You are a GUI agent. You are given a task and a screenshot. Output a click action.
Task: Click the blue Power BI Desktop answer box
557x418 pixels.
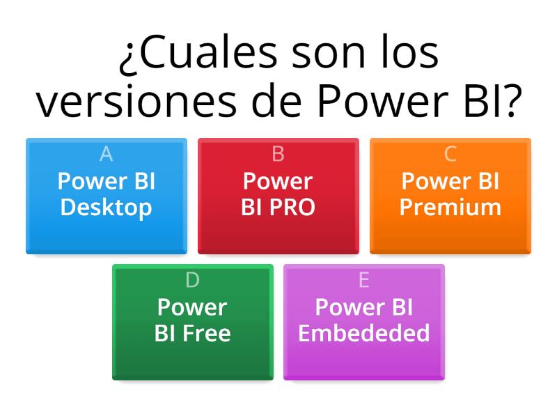106,196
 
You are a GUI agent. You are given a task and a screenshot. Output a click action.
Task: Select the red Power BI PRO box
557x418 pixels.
278,196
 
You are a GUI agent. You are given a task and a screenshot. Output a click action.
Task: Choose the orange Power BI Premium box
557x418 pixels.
450,196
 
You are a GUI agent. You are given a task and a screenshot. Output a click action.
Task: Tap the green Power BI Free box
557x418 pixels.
192,322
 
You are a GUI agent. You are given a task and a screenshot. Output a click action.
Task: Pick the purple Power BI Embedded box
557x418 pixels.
363,322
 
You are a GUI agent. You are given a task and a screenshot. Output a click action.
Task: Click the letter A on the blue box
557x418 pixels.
106,154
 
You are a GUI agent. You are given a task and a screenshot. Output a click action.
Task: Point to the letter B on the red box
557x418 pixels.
278,154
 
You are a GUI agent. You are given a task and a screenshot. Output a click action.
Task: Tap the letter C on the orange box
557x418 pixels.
450,154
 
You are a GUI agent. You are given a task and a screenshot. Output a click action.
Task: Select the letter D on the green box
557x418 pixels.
192,280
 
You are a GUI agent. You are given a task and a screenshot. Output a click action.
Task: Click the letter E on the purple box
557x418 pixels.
363,280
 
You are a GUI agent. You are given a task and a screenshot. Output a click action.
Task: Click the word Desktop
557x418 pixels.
106,208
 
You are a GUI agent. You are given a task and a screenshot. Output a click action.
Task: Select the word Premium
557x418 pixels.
450,208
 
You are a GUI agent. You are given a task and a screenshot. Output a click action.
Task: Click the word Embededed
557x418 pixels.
363,334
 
